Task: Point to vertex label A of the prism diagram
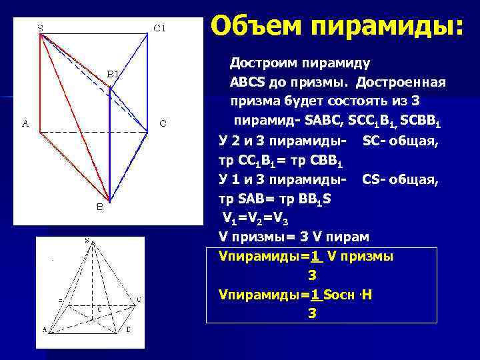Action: (x=25, y=123)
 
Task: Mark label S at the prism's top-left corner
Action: (x=41, y=28)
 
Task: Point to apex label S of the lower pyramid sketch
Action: (x=87, y=241)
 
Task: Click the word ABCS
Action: (x=247, y=83)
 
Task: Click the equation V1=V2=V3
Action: (x=256, y=218)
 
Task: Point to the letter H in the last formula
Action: (x=367, y=295)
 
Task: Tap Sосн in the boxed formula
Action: (x=343, y=295)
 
